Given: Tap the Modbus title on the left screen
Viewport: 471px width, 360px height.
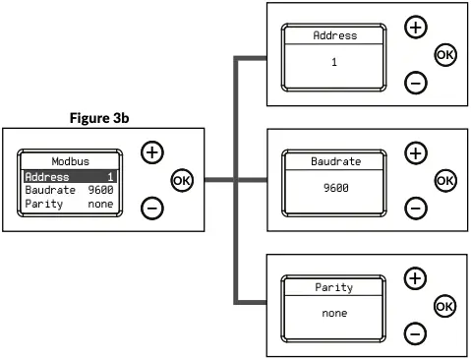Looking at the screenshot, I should pos(70,160).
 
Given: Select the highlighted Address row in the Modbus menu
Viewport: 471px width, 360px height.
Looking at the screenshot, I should pos(70,176).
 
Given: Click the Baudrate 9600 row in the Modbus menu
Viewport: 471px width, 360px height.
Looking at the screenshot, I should pos(70,190).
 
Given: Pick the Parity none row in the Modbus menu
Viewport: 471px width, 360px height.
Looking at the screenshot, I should pos(70,204).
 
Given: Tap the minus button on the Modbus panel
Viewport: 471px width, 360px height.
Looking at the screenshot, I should pos(151,208).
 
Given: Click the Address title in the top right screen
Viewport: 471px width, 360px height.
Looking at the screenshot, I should pos(334,35).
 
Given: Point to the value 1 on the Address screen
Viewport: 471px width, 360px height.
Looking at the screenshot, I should pos(334,61).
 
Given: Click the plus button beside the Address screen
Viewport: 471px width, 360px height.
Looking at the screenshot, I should pos(416,28).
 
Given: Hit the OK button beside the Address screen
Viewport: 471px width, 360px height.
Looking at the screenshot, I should pos(445,55).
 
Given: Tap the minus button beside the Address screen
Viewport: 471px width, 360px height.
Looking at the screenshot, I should pos(416,83).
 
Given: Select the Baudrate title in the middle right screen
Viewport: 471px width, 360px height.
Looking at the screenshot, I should pos(334,161).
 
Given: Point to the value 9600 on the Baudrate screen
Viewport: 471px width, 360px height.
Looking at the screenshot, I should pos(334,186).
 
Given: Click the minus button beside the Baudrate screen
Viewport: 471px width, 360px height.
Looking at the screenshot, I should pos(416,208).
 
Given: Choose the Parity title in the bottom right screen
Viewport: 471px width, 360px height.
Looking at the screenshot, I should pos(334,287).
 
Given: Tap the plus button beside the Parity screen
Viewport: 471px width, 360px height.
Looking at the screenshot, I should pos(416,278).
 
